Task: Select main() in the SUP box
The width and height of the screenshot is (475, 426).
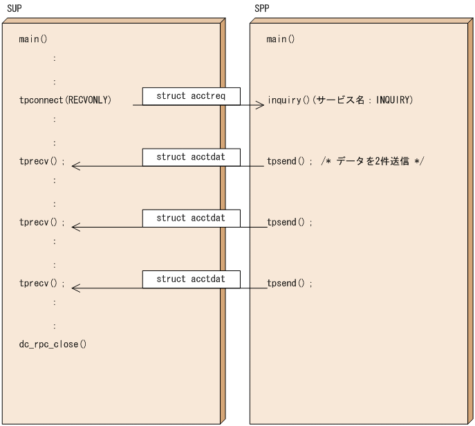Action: tap(33, 39)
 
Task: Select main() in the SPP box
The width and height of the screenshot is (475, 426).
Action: tap(281, 39)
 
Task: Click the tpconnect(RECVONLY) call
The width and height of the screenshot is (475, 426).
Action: tap(66, 100)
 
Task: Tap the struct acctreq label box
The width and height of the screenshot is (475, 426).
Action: tap(191, 96)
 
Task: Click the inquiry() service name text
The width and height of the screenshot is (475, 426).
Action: tap(339, 100)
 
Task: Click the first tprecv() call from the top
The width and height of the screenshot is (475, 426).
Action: tap(42, 161)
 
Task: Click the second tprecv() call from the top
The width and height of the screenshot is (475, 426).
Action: tap(42, 222)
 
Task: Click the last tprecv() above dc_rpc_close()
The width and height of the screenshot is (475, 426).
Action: tap(42, 283)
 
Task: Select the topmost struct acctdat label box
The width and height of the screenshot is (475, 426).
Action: tap(191, 157)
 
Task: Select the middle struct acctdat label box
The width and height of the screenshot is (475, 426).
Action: tap(191, 218)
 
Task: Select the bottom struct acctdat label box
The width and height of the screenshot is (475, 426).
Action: tap(191, 279)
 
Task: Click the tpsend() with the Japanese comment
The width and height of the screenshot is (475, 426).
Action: tap(290, 161)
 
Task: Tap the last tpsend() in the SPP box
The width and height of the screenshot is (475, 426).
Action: tap(290, 283)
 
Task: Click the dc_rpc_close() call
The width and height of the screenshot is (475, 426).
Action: tap(53, 344)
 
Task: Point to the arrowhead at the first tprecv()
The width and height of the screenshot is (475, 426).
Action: tap(75, 166)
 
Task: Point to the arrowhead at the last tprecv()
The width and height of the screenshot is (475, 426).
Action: tap(75, 288)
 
